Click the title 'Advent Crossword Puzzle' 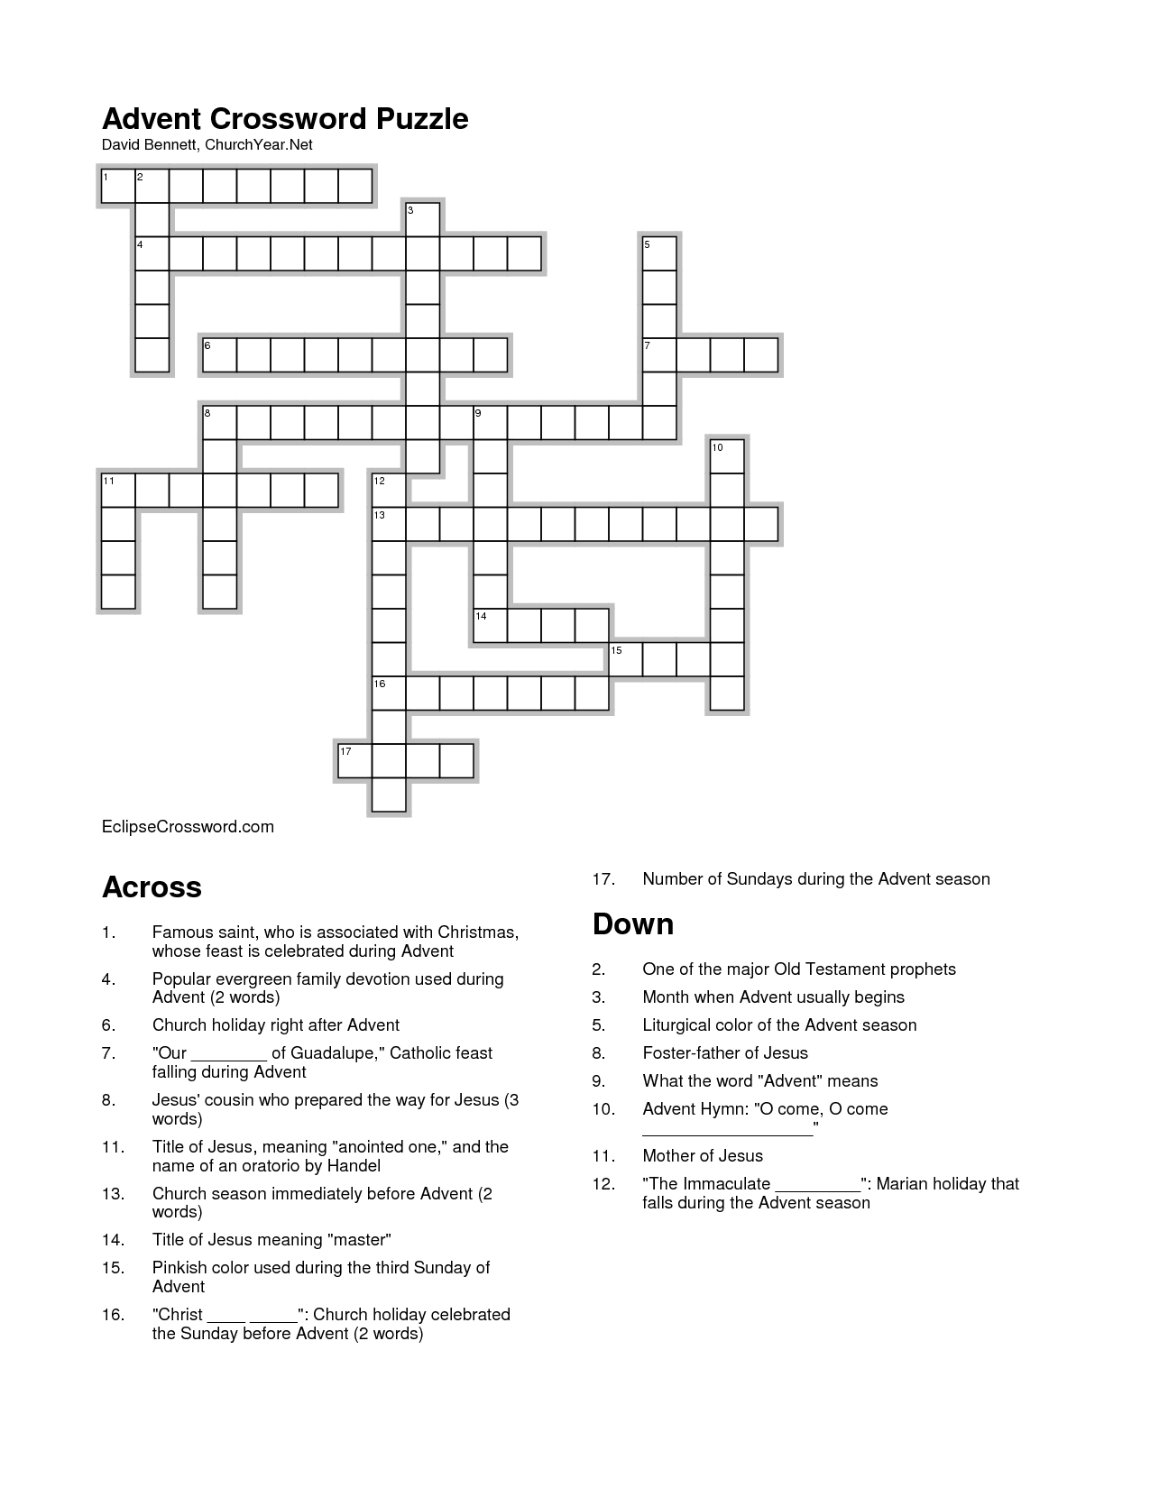pos(285,119)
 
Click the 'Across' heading pos(152,887)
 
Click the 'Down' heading pos(633,924)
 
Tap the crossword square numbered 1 pos(118,185)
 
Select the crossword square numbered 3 pos(423,219)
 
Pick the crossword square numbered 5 pos(660,253)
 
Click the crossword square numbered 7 pos(660,354)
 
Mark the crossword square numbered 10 pos(728,456)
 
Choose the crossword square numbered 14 pos(491,626)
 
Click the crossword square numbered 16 pos(390,693)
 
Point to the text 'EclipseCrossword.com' pos(188,827)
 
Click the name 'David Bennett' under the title pos(148,145)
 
